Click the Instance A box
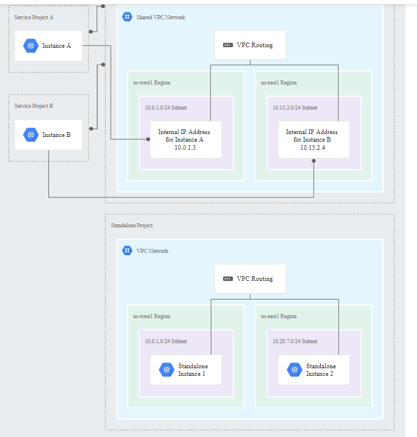(x=49, y=45)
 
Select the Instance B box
(x=49, y=135)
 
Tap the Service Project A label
(x=34, y=17)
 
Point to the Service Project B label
(x=34, y=106)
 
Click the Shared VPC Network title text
(x=161, y=17)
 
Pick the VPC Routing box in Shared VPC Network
(x=250, y=45)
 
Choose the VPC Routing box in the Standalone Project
(x=250, y=279)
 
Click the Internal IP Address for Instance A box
(x=186, y=139)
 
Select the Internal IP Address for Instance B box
(x=313, y=139)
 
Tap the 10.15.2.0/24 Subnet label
(x=295, y=108)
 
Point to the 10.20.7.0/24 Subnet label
(x=295, y=341)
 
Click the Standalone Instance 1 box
(x=186, y=369)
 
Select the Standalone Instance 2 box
(x=313, y=369)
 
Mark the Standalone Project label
(x=132, y=225)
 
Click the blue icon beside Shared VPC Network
(x=127, y=17)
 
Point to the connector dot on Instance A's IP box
(x=149, y=139)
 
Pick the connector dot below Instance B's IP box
(x=313, y=160)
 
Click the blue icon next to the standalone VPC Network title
(x=127, y=251)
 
